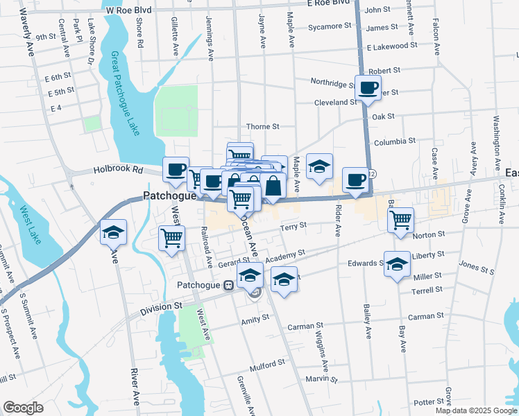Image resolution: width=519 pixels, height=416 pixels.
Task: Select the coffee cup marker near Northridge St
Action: click(x=368, y=87)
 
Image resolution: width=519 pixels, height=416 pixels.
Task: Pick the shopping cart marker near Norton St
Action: click(x=400, y=219)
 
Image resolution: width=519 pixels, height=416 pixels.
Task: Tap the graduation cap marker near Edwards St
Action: click(x=398, y=265)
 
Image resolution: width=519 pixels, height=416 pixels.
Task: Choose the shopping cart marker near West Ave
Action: click(x=171, y=238)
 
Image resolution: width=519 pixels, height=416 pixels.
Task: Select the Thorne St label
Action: click(x=263, y=127)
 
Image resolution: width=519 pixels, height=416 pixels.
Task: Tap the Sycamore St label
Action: click(x=330, y=26)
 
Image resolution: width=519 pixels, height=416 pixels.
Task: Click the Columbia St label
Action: click(x=394, y=141)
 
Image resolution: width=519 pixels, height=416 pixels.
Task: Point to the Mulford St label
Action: click(x=267, y=362)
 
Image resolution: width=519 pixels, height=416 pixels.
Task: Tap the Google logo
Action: click(x=23, y=408)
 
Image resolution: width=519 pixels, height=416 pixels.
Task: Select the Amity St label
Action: click(x=255, y=318)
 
